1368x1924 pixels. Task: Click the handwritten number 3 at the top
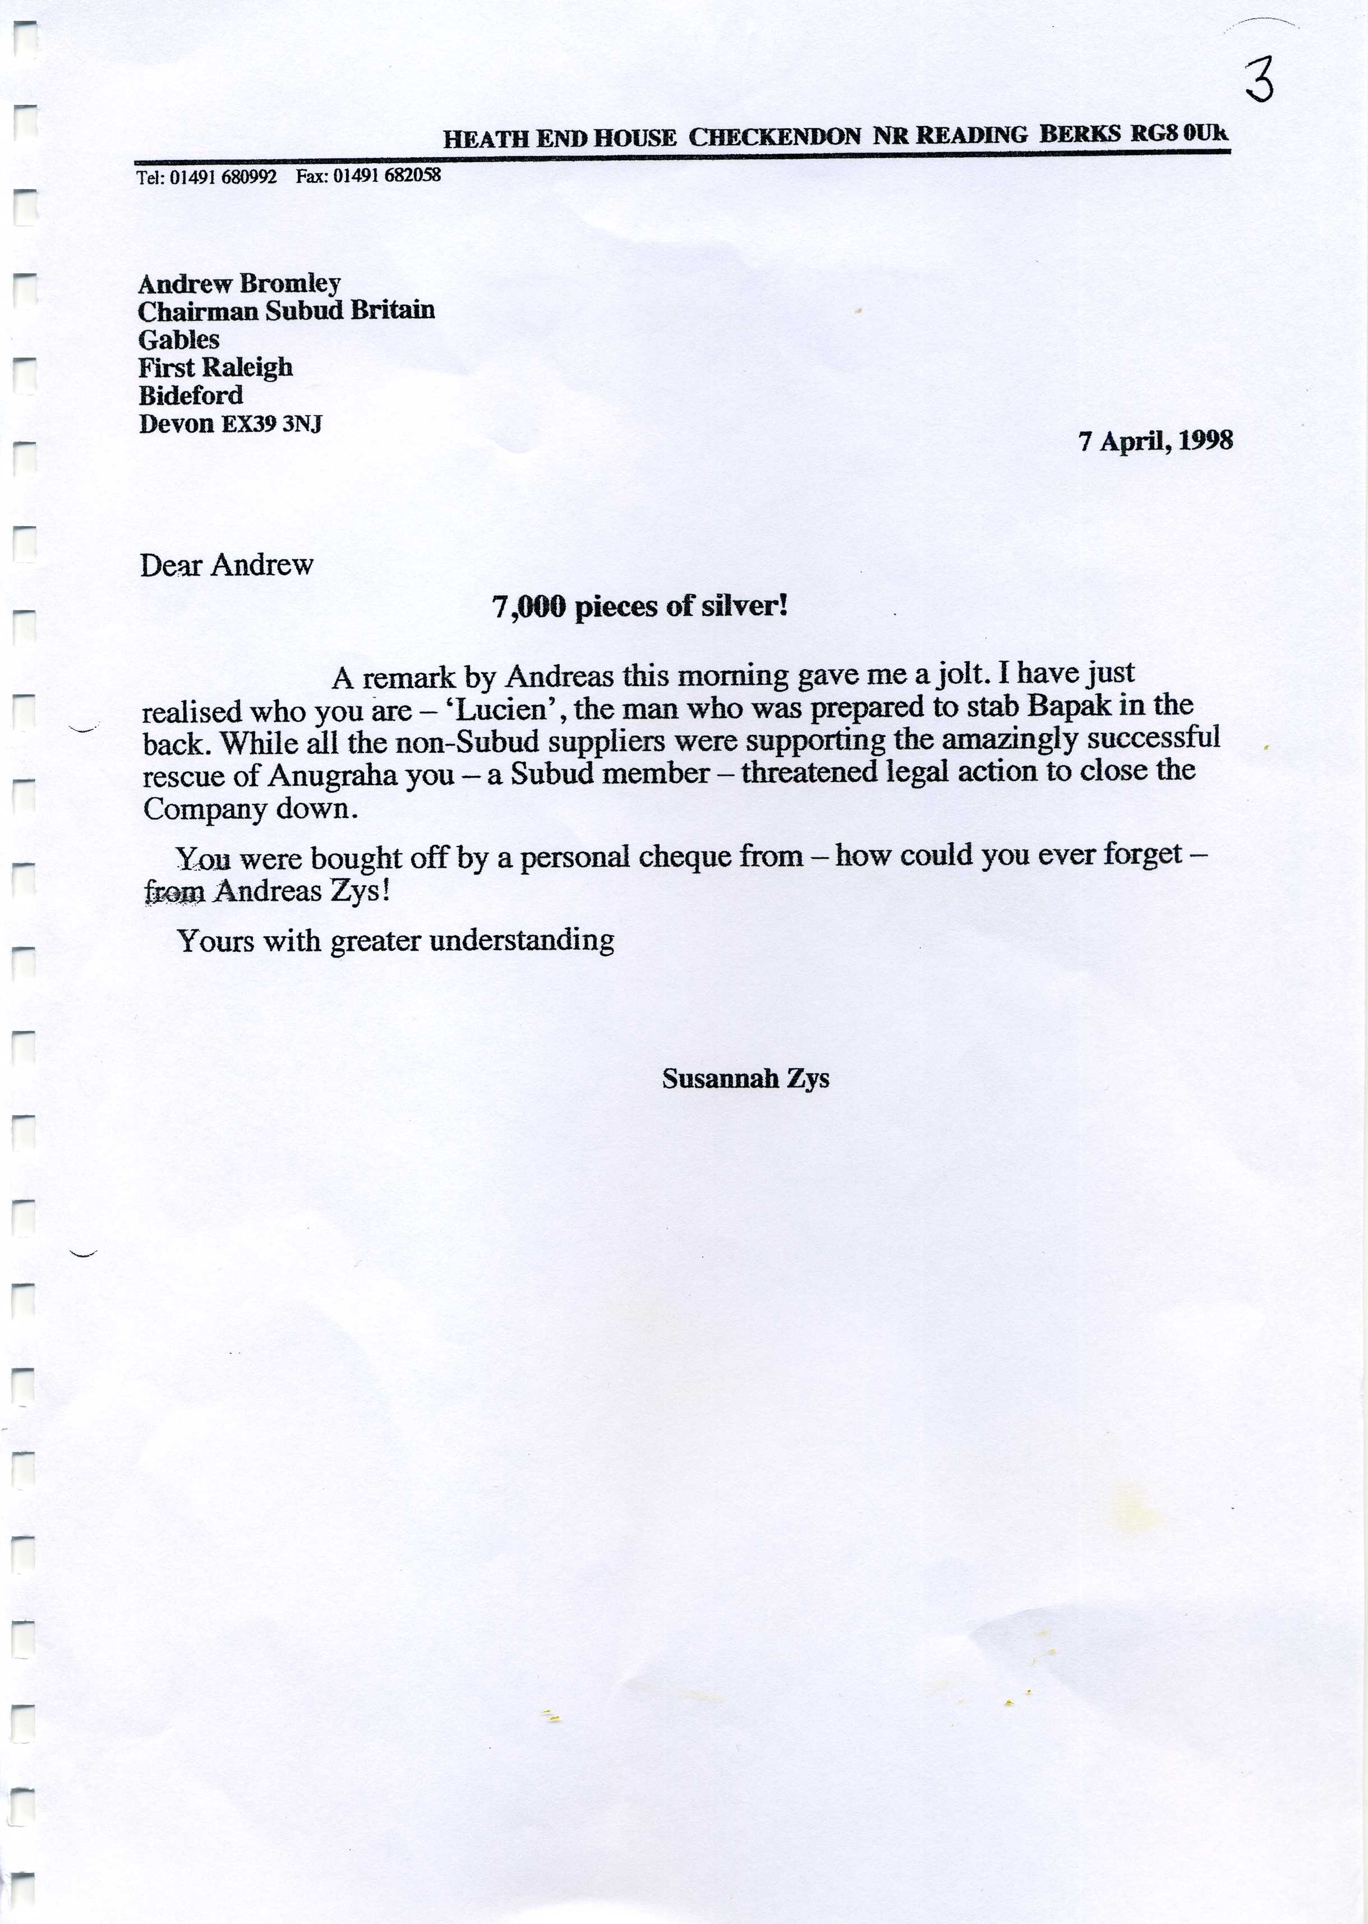(x=1259, y=82)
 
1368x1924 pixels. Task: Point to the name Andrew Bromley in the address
(x=239, y=284)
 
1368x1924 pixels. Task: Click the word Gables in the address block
(x=178, y=340)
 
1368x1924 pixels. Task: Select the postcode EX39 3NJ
(x=271, y=424)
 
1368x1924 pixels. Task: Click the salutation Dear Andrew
(x=227, y=565)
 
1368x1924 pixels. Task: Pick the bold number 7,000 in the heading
(x=528, y=606)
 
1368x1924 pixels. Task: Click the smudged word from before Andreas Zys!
(x=174, y=891)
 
